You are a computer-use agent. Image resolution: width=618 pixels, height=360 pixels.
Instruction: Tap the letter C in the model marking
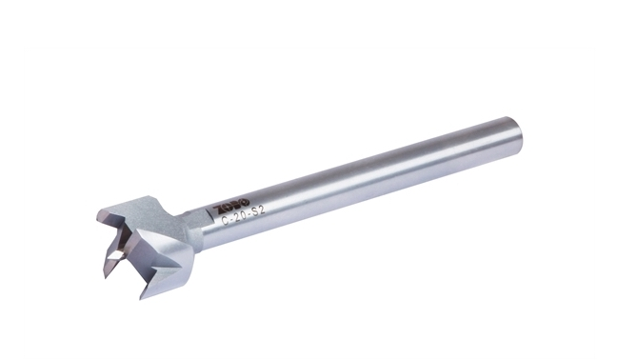[224, 219]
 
